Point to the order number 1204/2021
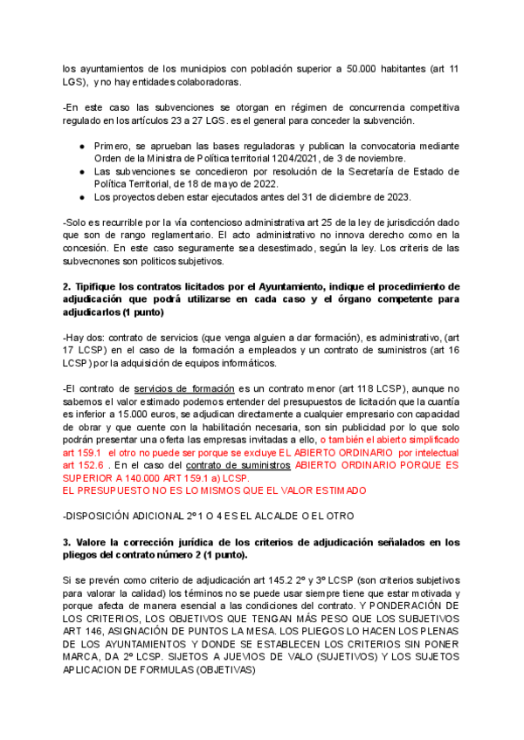pyautogui.click(x=298, y=159)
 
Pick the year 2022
pyautogui.click(x=261, y=184)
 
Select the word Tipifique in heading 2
pyautogui.click(x=99, y=286)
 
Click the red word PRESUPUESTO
pyautogui.click(x=110, y=491)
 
